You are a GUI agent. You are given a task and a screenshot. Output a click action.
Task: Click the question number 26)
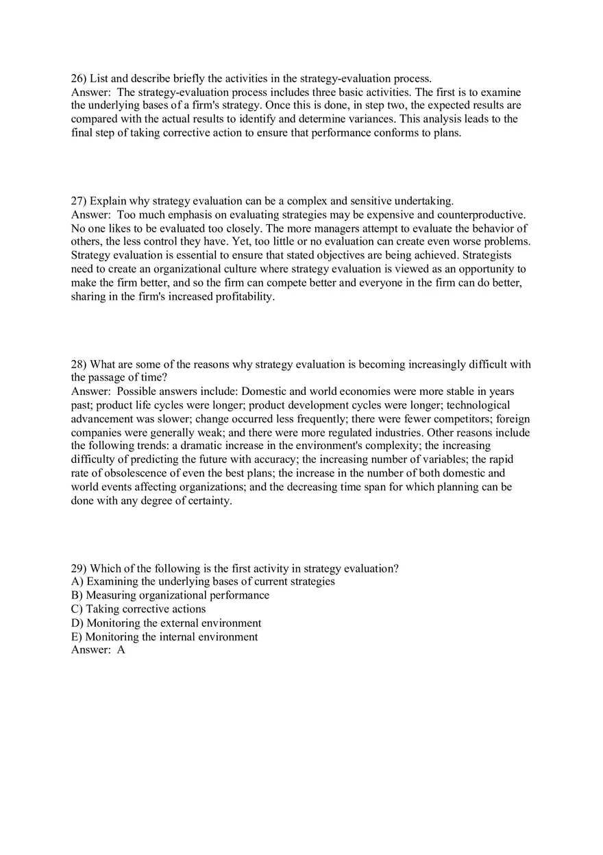[x=79, y=79]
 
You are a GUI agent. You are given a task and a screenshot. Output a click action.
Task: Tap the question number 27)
[x=79, y=201]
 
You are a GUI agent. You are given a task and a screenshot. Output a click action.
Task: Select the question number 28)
[x=79, y=364]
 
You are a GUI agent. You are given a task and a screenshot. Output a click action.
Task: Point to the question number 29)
[x=79, y=568]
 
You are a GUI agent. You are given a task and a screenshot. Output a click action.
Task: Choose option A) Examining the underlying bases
[x=203, y=581]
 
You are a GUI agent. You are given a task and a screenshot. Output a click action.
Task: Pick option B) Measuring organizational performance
[x=170, y=595]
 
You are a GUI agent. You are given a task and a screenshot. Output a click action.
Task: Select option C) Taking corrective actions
[x=138, y=609]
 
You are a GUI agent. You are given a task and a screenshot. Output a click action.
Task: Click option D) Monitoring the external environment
[x=166, y=623]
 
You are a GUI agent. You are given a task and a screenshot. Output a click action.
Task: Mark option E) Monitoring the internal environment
[x=164, y=637]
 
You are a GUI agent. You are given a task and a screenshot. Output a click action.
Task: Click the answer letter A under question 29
[x=121, y=650]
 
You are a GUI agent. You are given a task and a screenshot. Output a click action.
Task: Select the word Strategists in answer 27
[x=483, y=255]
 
